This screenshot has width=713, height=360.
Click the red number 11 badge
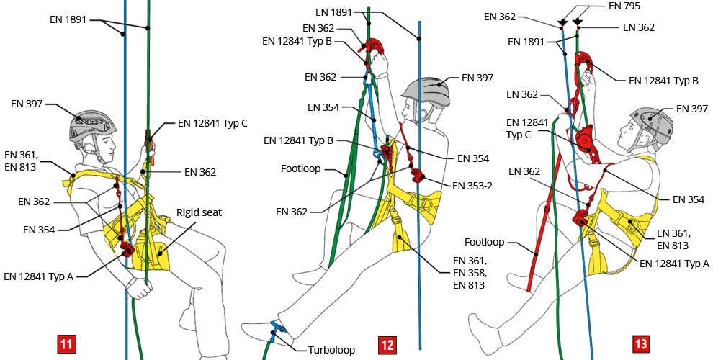[66, 345]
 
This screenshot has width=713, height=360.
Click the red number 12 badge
[387, 345]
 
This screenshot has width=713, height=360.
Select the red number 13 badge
[640, 345]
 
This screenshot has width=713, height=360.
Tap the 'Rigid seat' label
[199, 212]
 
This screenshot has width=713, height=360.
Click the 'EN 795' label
[625, 6]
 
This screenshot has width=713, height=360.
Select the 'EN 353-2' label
[473, 185]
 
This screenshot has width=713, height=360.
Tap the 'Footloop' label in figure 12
[301, 171]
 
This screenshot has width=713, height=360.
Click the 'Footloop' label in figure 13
[485, 243]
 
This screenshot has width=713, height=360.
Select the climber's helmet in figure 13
[652, 119]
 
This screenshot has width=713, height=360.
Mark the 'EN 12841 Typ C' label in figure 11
[212, 123]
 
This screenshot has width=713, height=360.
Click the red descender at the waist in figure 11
[127, 250]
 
